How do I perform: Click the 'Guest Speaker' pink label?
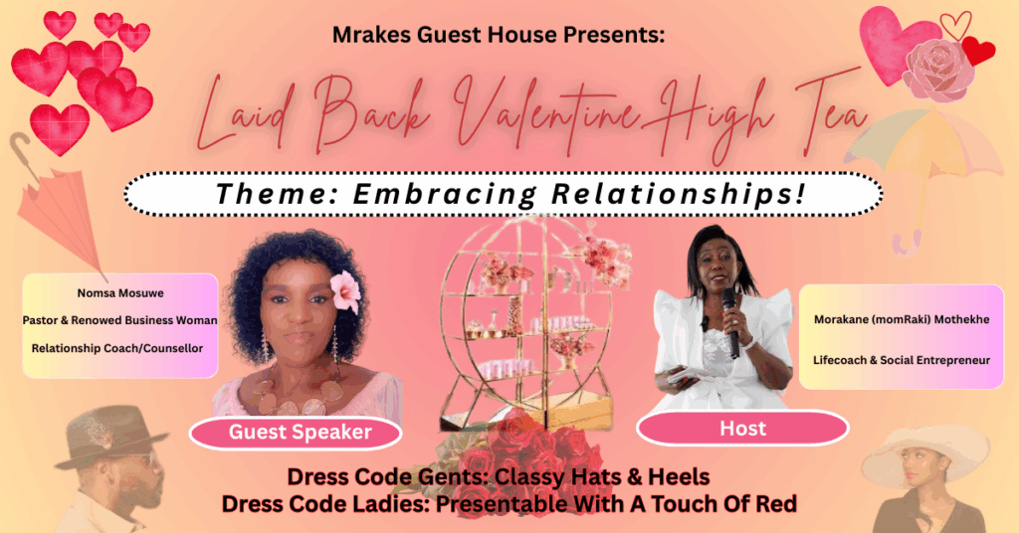pyautogui.click(x=296, y=433)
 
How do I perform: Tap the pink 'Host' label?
pyautogui.click(x=742, y=429)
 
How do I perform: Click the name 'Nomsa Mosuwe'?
pyautogui.click(x=120, y=293)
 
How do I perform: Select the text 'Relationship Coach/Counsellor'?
pyautogui.click(x=117, y=349)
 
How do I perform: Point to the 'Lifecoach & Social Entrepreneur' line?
pyautogui.click(x=902, y=360)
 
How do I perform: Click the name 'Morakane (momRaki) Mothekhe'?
pyautogui.click(x=902, y=319)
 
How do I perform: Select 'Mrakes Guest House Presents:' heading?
pyautogui.click(x=499, y=35)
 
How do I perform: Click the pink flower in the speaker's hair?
pyautogui.click(x=345, y=291)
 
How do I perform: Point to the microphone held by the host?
pyautogui.click(x=730, y=322)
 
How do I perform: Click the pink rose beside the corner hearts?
pyautogui.click(x=937, y=70)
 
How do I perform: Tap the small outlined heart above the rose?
pyautogui.click(x=956, y=25)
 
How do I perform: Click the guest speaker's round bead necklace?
pyautogui.click(x=296, y=396)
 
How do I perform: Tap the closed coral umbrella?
pyautogui.click(x=62, y=208)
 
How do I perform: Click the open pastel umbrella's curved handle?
pyautogui.click(x=908, y=243)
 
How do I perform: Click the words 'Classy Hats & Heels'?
pyautogui.click(x=602, y=477)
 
